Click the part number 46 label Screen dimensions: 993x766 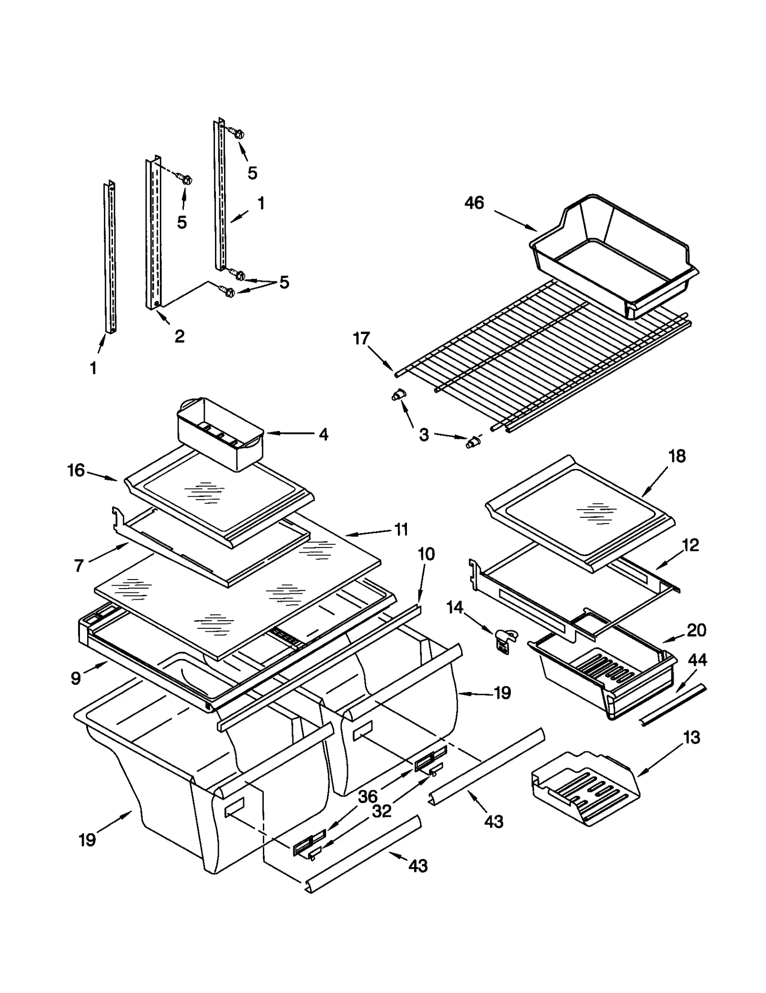coord(474,203)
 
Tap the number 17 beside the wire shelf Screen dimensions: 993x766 coord(361,338)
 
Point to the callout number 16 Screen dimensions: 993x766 coord(76,470)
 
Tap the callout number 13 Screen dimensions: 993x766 coord(692,737)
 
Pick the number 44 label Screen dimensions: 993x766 coord(697,660)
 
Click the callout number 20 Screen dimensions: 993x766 coord(696,630)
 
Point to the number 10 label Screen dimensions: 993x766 coord(426,554)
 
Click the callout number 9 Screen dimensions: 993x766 coord(76,679)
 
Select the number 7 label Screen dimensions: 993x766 coord(79,566)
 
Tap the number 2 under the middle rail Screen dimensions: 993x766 coord(179,336)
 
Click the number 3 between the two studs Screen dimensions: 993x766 coord(424,435)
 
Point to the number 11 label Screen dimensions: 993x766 coord(401,529)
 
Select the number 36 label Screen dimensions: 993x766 coord(368,797)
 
